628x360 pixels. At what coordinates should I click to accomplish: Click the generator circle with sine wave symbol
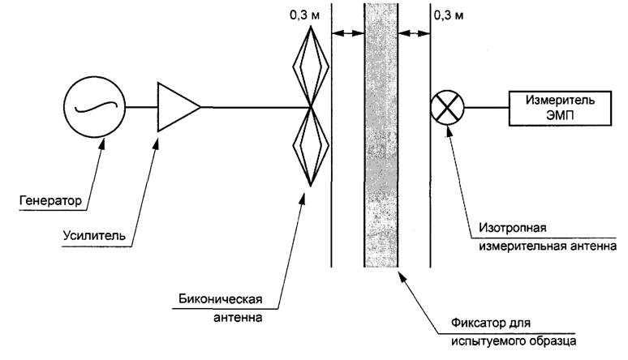[93, 106]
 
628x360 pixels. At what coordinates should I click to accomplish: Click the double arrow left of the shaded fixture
[347, 33]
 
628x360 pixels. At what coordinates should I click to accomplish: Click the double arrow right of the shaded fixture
[414, 33]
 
